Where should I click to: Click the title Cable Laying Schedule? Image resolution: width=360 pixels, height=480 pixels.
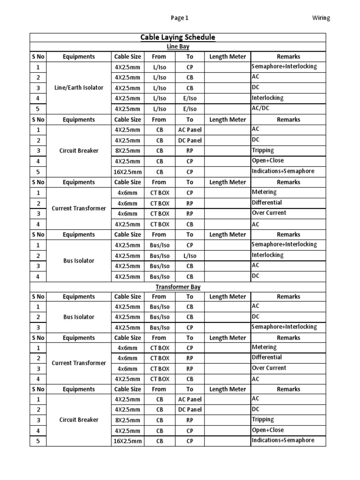[x=178, y=37]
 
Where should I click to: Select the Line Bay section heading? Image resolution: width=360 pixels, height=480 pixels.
[x=178, y=47]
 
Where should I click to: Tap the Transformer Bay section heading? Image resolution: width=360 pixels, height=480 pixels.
[x=178, y=287]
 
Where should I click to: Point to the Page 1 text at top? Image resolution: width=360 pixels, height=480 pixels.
[x=179, y=18]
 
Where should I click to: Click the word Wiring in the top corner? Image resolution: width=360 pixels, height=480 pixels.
[x=321, y=18]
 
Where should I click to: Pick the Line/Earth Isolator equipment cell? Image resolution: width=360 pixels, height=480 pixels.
[x=79, y=88]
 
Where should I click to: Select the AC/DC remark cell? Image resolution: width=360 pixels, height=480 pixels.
[x=261, y=108]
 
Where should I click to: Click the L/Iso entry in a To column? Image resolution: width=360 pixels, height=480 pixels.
[x=189, y=256]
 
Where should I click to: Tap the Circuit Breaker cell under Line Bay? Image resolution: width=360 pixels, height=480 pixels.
[x=79, y=151]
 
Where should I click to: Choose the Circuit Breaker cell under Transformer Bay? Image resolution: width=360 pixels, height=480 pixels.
[x=79, y=420]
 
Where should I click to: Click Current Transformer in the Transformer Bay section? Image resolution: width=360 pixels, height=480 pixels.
[x=79, y=363]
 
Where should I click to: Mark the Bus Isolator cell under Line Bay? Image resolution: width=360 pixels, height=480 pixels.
[x=79, y=261]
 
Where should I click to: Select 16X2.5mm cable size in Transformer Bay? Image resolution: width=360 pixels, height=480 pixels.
[x=127, y=441]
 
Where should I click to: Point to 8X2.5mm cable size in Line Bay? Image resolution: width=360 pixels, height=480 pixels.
[x=127, y=151]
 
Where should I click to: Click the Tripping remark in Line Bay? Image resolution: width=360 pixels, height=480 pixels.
[x=263, y=150]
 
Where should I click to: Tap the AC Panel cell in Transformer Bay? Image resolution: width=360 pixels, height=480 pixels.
[x=189, y=399]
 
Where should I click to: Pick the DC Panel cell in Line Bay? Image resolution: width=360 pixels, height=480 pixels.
[x=189, y=141]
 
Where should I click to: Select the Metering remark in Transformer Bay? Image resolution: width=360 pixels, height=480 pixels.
[x=264, y=347]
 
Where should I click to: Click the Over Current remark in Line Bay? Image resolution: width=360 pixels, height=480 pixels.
[x=269, y=213]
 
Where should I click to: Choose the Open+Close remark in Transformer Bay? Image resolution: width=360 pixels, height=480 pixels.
[x=268, y=430]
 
